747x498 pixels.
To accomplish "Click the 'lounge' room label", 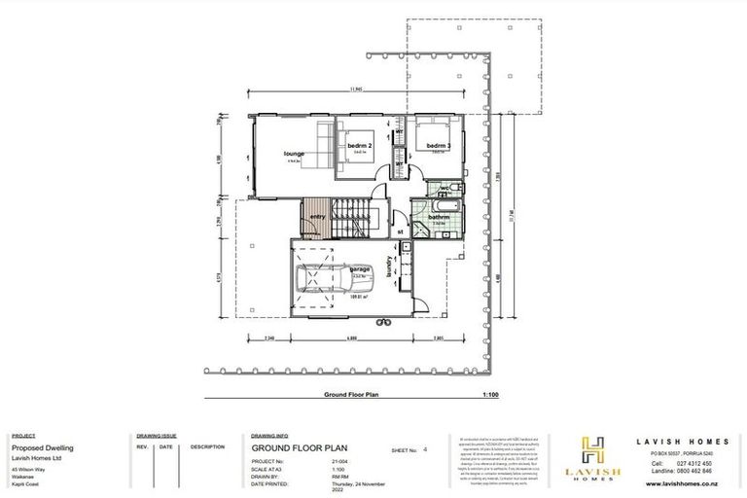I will pyautogui.click(x=294, y=154).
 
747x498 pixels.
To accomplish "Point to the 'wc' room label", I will pyautogui.click(x=444, y=188).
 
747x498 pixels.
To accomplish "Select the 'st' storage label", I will pyautogui.click(x=400, y=232).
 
